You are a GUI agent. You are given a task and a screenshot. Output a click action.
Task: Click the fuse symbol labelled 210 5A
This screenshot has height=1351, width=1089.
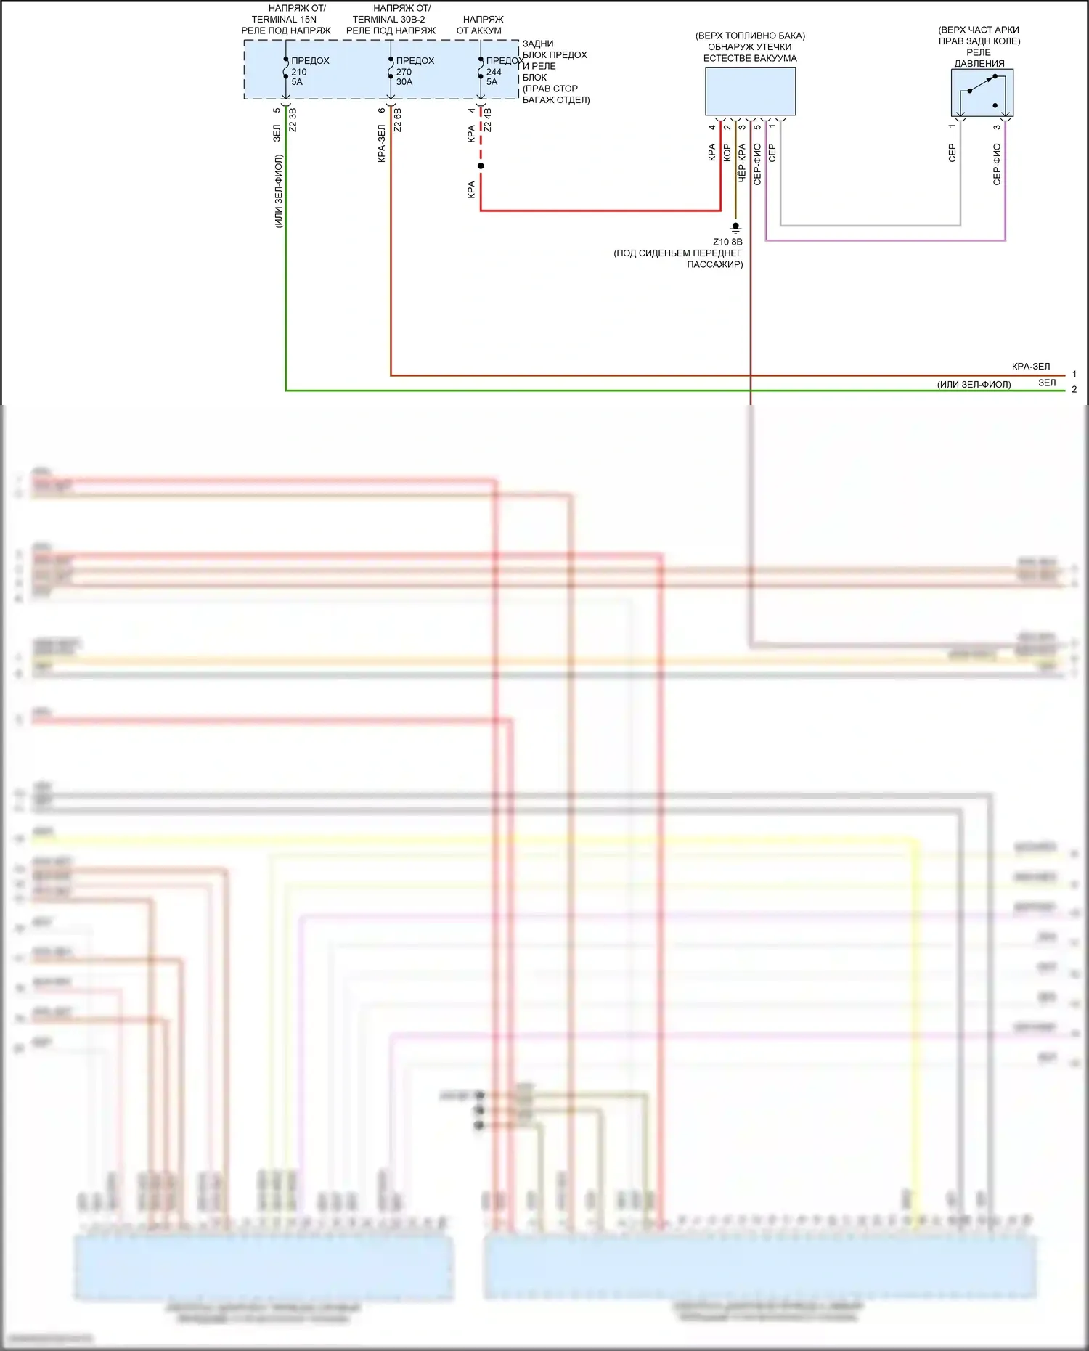[x=286, y=70]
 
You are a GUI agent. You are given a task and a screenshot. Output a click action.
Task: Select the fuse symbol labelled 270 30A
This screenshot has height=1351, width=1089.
[x=391, y=70]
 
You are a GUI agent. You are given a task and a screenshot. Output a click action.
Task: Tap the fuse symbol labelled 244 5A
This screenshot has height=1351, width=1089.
[x=481, y=70]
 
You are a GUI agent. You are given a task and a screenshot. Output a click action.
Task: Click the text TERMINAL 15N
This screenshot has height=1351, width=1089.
[x=284, y=20]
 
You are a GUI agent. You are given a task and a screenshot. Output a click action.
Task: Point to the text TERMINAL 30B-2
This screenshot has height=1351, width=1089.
[x=389, y=20]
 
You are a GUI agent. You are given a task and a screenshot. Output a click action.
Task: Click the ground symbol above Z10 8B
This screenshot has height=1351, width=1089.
[x=735, y=228]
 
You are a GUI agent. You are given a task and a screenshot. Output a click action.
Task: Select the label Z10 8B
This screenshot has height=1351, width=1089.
[x=727, y=242]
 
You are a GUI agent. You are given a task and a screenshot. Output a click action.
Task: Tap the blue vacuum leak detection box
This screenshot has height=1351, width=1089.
[x=750, y=91]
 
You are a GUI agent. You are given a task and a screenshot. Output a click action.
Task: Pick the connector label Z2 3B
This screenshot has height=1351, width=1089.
[x=293, y=121]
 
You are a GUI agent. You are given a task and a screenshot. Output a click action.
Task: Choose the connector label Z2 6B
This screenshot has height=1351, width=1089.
[x=398, y=121]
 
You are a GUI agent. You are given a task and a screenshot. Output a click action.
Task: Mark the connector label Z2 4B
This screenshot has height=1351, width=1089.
[x=488, y=121]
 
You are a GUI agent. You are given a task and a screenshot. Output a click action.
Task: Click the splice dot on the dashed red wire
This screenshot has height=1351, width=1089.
[x=481, y=166]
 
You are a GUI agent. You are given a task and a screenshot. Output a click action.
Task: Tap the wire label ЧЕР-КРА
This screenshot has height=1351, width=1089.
[x=742, y=163]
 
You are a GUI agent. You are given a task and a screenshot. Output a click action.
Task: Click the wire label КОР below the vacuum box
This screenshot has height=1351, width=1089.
[x=727, y=152]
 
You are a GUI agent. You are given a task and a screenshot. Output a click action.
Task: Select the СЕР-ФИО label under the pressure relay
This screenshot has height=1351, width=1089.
[x=997, y=164]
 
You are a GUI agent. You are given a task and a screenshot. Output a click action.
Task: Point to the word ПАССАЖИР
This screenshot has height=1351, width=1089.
[x=714, y=264]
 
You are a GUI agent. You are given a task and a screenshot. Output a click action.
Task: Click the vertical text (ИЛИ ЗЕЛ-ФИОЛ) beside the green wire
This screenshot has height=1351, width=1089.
[x=279, y=192]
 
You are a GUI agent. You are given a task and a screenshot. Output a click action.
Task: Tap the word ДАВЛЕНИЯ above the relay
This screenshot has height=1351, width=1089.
[x=979, y=64]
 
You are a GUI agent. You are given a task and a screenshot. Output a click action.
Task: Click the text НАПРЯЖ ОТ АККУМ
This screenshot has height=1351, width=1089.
[x=481, y=25]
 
